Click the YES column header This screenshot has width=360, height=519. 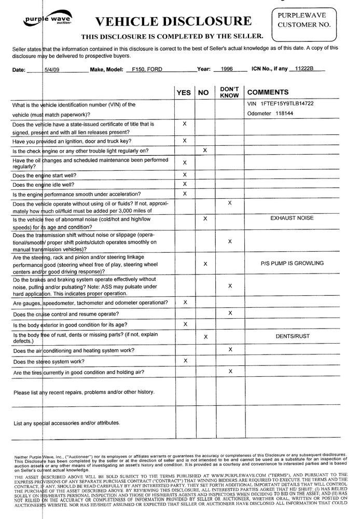click(x=184, y=92)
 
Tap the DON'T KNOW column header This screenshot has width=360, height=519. click(x=229, y=92)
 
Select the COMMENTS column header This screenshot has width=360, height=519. click(x=268, y=92)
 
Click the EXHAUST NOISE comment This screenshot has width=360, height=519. click(x=292, y=218)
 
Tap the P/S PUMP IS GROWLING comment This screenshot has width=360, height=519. click(x=292, y=263)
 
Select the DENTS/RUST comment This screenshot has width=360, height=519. click(x=292, y=336)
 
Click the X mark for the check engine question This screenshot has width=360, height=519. click(x=205, y=150)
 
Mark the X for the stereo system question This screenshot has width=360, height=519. click(x=185, y=360)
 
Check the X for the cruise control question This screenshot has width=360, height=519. click(x=230, y=312)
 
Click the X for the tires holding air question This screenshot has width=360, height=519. click(x=230, y=371)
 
